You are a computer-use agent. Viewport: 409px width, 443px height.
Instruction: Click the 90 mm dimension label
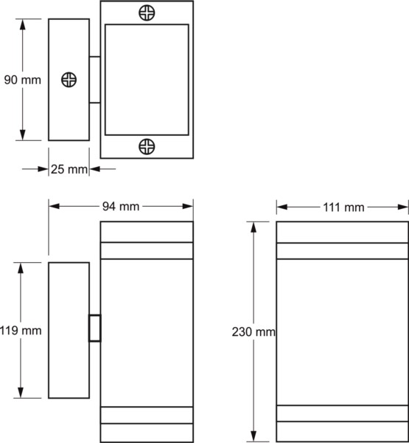click(23, 80)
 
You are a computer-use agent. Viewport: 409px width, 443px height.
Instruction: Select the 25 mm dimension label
click(69, 169)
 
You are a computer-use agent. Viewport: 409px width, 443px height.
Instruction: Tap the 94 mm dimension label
click(121, 207)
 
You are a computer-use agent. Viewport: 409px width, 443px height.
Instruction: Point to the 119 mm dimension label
click(21, 330)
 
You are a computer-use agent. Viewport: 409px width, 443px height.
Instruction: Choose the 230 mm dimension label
click(254, 332)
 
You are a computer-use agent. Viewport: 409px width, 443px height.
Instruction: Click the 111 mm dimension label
click(343, 207)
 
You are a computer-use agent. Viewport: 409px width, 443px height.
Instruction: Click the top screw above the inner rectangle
click(147, 13)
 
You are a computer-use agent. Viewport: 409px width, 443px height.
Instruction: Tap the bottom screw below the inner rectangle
click(147, 146)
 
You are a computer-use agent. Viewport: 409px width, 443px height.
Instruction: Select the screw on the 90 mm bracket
click(69, 80)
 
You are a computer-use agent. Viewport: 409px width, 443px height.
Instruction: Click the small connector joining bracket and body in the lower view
click(95, 328)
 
